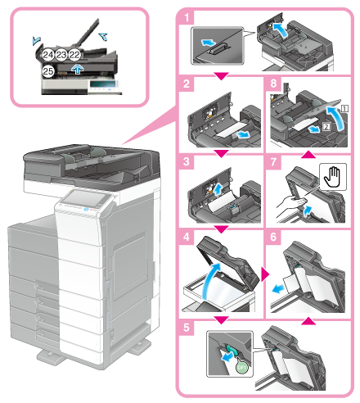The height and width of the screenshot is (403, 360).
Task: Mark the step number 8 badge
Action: (275, 84)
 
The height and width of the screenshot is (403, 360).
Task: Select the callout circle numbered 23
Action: (61, 54)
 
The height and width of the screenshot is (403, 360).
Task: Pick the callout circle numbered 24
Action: (47, 54)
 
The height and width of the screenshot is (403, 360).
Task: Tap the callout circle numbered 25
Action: (47, 71)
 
